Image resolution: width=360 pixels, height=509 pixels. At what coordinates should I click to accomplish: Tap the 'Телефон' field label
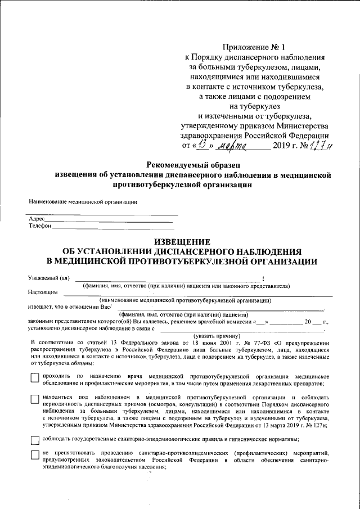[x=39, y=226]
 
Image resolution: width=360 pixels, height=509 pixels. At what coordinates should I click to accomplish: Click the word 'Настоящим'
[x=43, y=293]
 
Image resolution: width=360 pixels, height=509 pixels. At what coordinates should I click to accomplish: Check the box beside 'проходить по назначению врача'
[x=35, y=379]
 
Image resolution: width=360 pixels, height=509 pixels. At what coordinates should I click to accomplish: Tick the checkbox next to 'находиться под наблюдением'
[x=35, y=399]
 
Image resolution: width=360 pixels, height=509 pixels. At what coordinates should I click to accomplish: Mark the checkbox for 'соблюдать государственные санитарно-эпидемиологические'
[x=35, y=440]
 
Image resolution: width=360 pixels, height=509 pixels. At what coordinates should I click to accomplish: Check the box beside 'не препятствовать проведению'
[x=35, y=455]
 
